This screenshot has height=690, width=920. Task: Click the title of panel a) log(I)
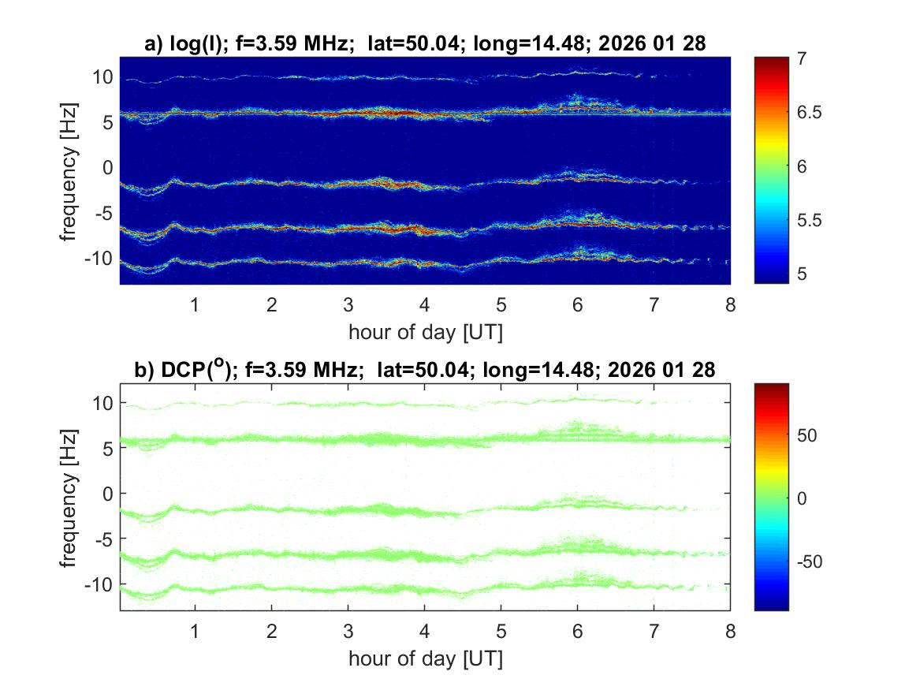pyautogui.click(x=425, y=45)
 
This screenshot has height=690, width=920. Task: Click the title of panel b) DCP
pyautogui.click(x=425, y=371)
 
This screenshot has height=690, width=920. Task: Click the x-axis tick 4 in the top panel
pyautogui.click(x=424, y=304)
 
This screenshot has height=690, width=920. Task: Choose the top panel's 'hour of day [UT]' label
pyautogui.click(x=425, y=332)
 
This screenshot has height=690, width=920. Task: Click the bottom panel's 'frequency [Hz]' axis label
pyautogui.click(x=69, y=497)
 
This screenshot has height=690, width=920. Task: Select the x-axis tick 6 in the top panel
pyautogui.click(x=578, y=304)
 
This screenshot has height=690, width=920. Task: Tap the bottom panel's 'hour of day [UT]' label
pyautogui.click(x=425, y=658)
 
